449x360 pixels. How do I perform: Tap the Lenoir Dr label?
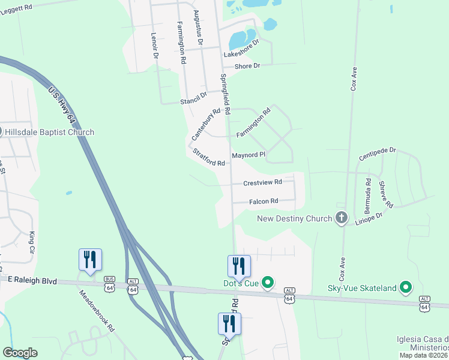pos(155,45)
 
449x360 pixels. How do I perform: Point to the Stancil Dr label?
pos(193,98)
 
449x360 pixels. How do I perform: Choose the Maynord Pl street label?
pos(249,155)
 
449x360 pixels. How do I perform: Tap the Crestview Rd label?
pos(262,182)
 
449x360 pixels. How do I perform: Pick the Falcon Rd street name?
pos(264,202)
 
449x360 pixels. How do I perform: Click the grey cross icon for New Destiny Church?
pos(342,217)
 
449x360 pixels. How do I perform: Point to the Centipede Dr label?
pos(378,154)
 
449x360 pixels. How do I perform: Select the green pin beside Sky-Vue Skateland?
pos(406,288)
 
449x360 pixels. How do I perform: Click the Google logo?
pos(20,353)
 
